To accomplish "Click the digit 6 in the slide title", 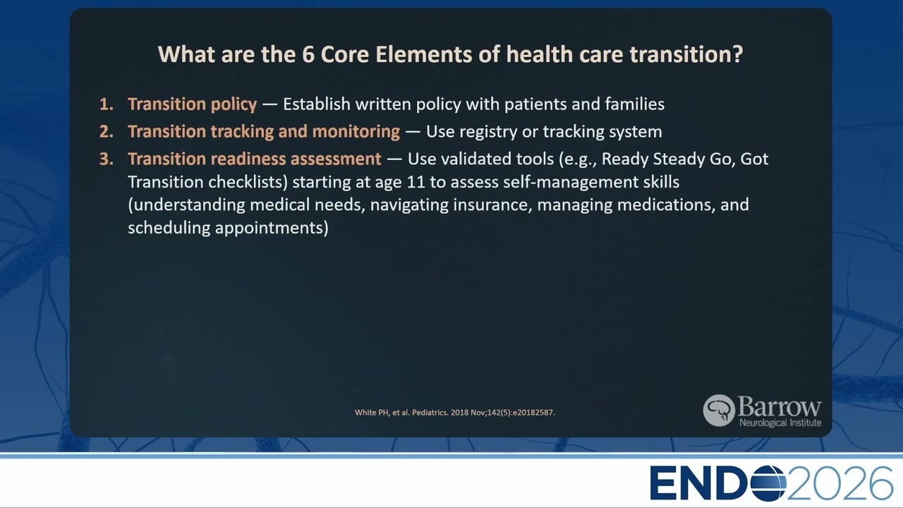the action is pos(308,54).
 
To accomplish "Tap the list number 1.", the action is pos(106,104).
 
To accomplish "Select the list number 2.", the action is pos(106,132).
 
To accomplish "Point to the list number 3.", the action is pos(106,159).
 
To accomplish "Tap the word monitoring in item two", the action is pos(356,132).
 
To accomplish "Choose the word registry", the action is pos(488,132).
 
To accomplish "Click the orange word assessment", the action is pos(336,159).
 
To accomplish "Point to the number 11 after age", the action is pos(416,182).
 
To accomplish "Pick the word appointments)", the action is pos(272,228).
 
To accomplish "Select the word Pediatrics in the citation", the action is pos(430,413).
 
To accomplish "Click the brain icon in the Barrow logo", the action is pos(719,411).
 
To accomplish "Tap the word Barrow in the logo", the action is pos(780,407).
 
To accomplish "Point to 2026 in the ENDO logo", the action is pos(840,483).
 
